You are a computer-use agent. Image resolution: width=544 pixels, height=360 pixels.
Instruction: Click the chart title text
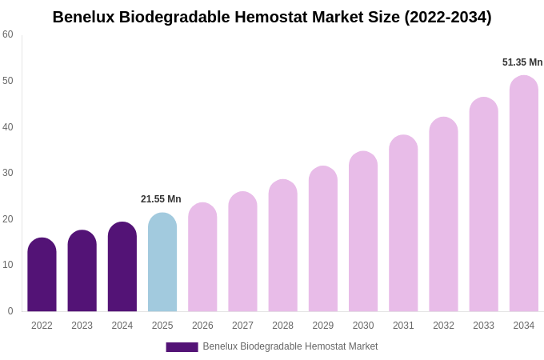[x=272, y=17]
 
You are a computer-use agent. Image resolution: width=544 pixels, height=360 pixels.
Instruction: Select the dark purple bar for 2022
[x=42, y=276]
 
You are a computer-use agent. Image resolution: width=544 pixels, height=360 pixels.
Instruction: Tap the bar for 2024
[x=122, y=268]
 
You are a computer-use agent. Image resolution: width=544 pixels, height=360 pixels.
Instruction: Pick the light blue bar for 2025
[x=162, y=263]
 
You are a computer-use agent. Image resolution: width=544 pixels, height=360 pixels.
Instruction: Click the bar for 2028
[x=282, y=246]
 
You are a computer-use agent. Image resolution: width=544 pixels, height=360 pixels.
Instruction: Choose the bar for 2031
[x=403, y=224]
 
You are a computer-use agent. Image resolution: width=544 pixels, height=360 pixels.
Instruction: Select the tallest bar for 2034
[x=524, y=194]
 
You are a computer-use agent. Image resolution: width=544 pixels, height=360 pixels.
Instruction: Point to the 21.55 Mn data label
[x=161, y=199]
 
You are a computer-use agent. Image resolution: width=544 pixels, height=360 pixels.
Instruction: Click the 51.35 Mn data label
[x=522, y=62]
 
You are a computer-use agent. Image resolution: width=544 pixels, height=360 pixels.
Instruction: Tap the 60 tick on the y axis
[x=8, y=34]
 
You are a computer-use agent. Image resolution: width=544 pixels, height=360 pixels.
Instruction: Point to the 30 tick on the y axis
[x=8, y=173]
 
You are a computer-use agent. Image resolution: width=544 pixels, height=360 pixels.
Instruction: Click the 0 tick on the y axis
[x=10, y=311]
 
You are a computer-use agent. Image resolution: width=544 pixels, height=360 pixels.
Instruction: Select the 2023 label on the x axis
[x=82, y=326]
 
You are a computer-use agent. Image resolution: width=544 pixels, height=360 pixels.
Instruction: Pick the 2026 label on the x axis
[x=202, y=326]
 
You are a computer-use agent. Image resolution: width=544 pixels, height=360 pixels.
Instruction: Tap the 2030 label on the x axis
[x=363, y=326]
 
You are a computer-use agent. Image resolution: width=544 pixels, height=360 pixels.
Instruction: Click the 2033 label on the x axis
[x=483, y=326]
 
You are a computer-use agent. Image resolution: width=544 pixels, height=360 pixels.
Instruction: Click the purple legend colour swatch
[x=182, y=347]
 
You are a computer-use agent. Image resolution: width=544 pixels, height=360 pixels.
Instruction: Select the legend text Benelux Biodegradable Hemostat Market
[x=290, y=346]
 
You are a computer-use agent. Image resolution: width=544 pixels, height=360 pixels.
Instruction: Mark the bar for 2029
[x=323, y=240]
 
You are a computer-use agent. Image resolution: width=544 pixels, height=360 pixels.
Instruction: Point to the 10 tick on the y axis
[x=8, y=265]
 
